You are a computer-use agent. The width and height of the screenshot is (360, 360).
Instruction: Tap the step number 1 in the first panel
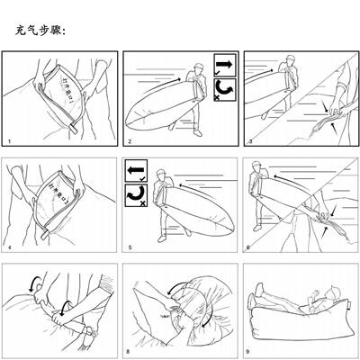coord(9,142)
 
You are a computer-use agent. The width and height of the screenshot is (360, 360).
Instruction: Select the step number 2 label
coord(130,142)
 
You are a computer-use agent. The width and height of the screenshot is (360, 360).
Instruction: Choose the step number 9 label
coord(249,354)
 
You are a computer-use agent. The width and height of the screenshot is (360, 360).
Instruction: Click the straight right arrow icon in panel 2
coord(225,67)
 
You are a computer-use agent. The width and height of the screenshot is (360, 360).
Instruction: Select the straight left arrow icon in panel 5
coord(135,171)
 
